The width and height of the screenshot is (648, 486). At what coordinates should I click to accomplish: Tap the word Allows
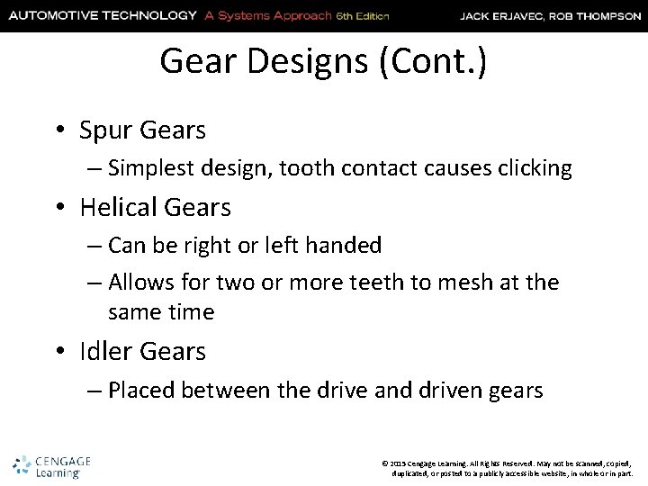[141, 283]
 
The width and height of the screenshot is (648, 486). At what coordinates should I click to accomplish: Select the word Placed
[140, 390]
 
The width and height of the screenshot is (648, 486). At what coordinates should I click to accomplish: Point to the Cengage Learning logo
[53, 463]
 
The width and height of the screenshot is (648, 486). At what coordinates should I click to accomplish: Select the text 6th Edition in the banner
[363, 15]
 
